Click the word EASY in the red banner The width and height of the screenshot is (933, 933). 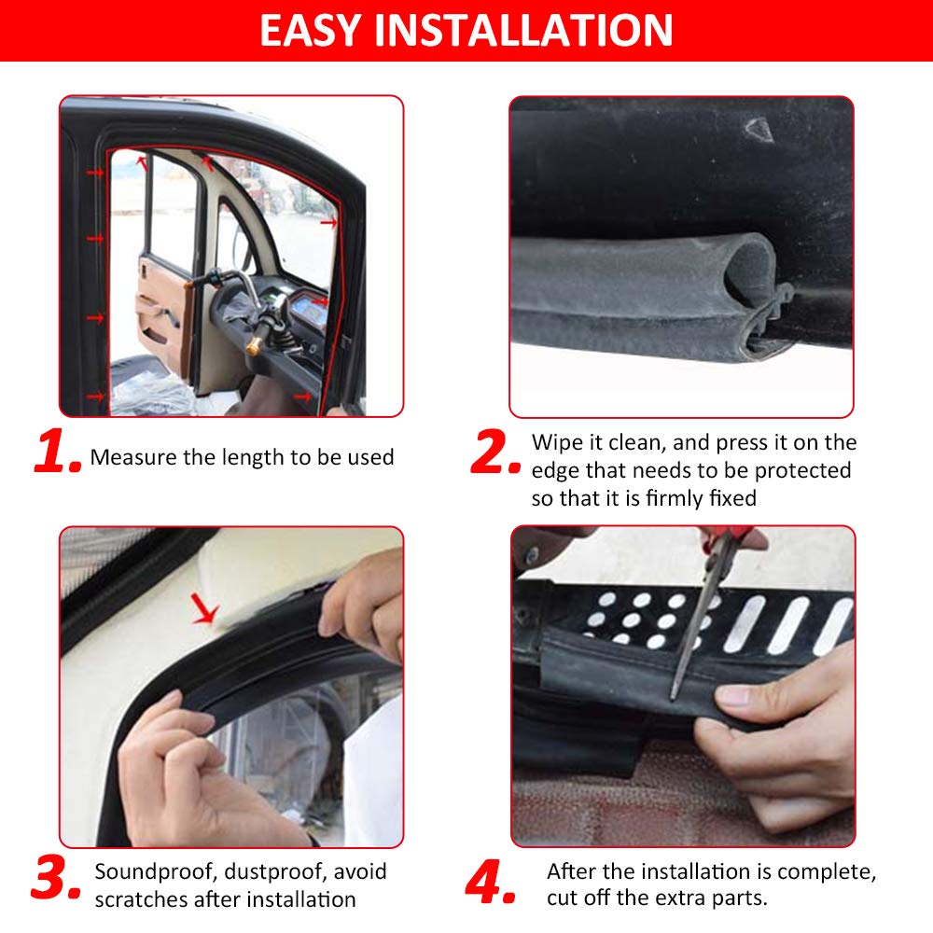[x=310, y=31]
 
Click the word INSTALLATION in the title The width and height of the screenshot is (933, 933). [x=523, y=31]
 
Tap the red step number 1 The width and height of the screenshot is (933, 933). [x=58, y=451]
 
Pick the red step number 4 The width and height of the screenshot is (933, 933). [x=491, y=882]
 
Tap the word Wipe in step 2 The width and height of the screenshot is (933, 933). [x=556, y=443]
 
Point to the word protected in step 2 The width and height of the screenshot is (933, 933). [x=802, y=471]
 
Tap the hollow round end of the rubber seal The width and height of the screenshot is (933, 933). [x=750, y=269]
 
